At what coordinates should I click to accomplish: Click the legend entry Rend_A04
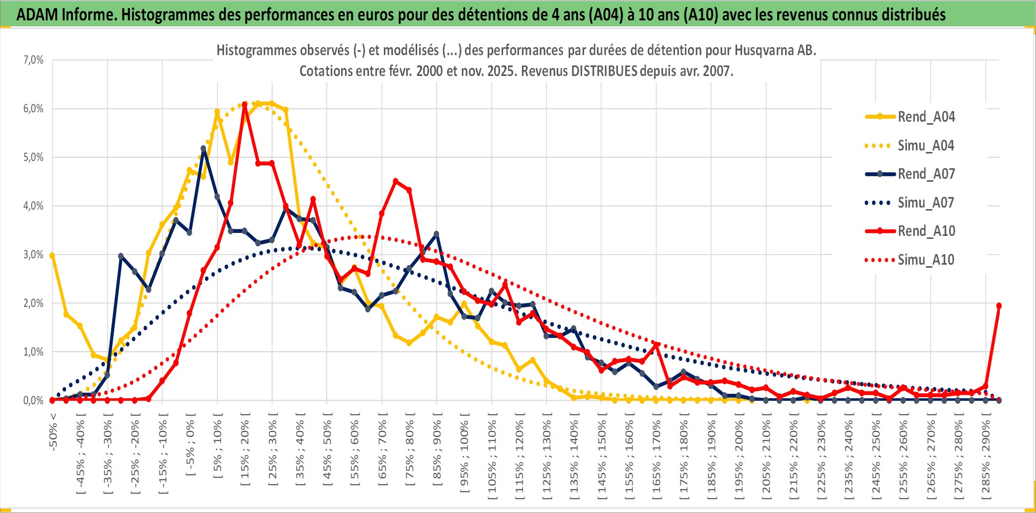pyautogui.click(x=926, y=117)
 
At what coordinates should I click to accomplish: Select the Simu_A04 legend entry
pyautogui.click(x=926, y=146)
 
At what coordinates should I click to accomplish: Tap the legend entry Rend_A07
pyautogui.click(x=926, y=174)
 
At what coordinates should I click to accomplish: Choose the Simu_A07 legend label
pyautogui.click(x=926, y=203)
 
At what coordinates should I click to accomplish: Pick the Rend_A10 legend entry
pyautogui.click(x=926, y=231)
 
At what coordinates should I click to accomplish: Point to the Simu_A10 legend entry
pyautogui.click(x=926, y=260)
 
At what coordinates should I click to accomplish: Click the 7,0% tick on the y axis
pyautogui.click(x=33, y=60)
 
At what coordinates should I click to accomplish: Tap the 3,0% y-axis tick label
pyautogui.click(x=33, y=255)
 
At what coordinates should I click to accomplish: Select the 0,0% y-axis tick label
pyautogui.click(x=33, y=400)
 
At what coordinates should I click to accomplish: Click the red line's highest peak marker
pyautogui.click(x=244, y=105)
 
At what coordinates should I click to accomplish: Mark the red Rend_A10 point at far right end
pyautogui.click(x=999, y=306)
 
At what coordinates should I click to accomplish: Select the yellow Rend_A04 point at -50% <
pyautogui.click(x=52, y=255)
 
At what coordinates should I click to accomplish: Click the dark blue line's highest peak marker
pyautogui.click(x=204, y=148)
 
